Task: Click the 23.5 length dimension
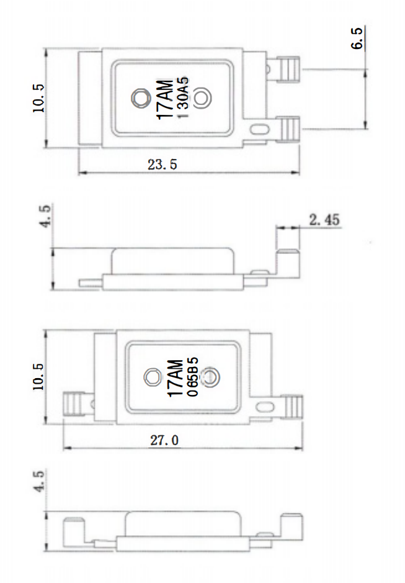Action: tap(162, 164)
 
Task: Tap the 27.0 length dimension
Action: tap(164, 441)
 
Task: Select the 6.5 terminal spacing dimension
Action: tap(357, 38)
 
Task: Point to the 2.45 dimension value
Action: tap(324, 220)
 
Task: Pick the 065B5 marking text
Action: tap(193, 377)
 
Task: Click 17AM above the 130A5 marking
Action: tap(166, 99)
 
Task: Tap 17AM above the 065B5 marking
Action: tap(176, 378)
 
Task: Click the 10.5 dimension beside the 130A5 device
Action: tap(38, 99)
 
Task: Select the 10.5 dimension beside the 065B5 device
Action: tap(38, 376)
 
